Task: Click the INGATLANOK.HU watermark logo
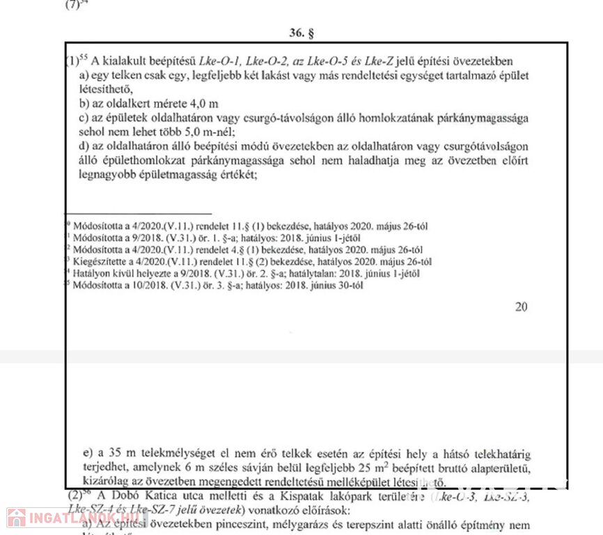click(70, 518)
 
